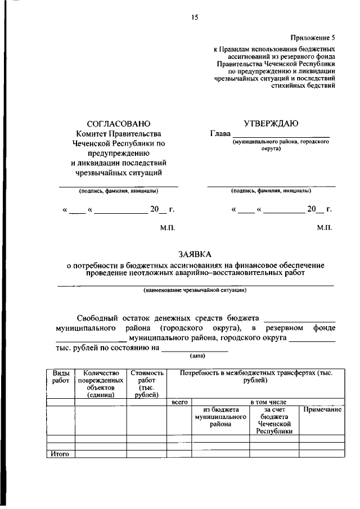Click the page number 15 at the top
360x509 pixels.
pyautogui.click(x=195, y=18)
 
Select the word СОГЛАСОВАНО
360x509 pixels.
pyautogui.click(x=119, y=123)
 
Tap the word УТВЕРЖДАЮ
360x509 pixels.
pyautogui.click(x=271, y=123)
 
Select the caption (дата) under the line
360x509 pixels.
pyautogui.click(x=195, y=355)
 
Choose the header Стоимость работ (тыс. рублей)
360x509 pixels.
pyautogui.click(x=147, y=384)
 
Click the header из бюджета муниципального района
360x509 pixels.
pyautogui.click(x=221, y=417)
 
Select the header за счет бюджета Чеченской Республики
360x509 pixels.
pyautogui.click(x=274, y=421)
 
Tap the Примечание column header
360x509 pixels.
pyautogui.click(x=322, y=410)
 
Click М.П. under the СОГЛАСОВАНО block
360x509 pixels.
pyautogui.click(x=168, y=228)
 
